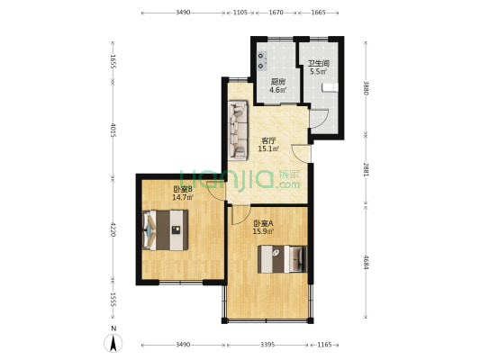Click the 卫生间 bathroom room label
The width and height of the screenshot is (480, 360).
coord(319,64)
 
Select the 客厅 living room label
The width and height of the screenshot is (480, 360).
coord(268,141)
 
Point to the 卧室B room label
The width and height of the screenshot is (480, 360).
coord(183,190)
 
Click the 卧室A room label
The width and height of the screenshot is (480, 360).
coord(263,223)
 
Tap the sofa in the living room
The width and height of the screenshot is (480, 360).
coord(238,130)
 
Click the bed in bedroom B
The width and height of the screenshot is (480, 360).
coord(166,230)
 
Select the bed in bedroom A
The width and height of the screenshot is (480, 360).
coord(283,259)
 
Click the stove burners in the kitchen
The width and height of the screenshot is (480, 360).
coord(262,61)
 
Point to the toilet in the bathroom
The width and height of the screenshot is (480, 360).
coord(330,87)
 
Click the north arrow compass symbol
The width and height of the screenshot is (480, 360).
coord(113,343)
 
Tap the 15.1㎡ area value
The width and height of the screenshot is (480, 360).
coord(268,149)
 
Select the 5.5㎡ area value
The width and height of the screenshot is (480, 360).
coord(319,72)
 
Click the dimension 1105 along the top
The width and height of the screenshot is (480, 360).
coord(240,13)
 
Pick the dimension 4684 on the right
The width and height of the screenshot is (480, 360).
coord(366,263)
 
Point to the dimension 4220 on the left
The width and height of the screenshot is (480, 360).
coord(113,229)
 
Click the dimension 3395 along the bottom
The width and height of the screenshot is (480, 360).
coord(267,345)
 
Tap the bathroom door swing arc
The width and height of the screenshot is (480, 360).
coord(322,120)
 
